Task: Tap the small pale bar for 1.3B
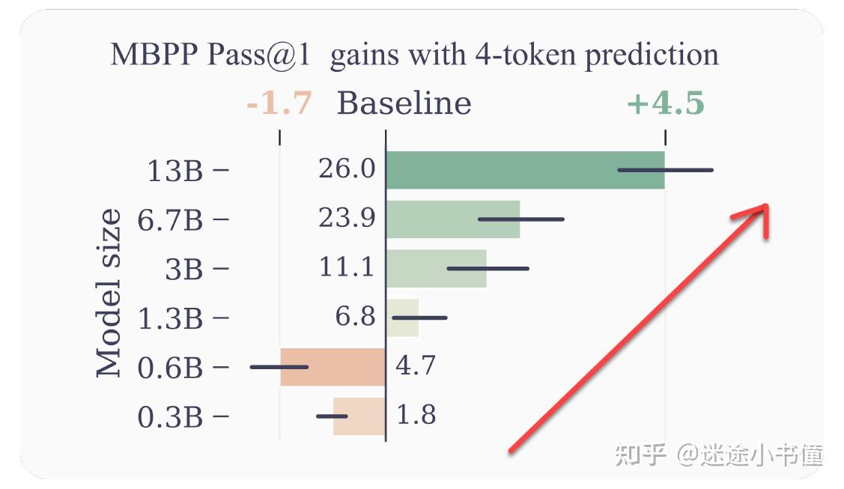(x=403, y=318)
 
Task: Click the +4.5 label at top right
(x=665, y=104)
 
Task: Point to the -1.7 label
(x=279, y=103)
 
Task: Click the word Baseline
(x=404, y=103)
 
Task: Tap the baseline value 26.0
(x=347, y=169)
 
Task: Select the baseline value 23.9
(x=347, y=219)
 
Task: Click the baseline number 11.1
(x=347, y=267)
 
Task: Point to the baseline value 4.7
(x=416, y=366)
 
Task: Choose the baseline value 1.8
(x=416, y=415)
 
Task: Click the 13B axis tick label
(x=174, y=171)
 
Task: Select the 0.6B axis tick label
(x=170, y=368)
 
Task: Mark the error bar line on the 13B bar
(x=665, y=170)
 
